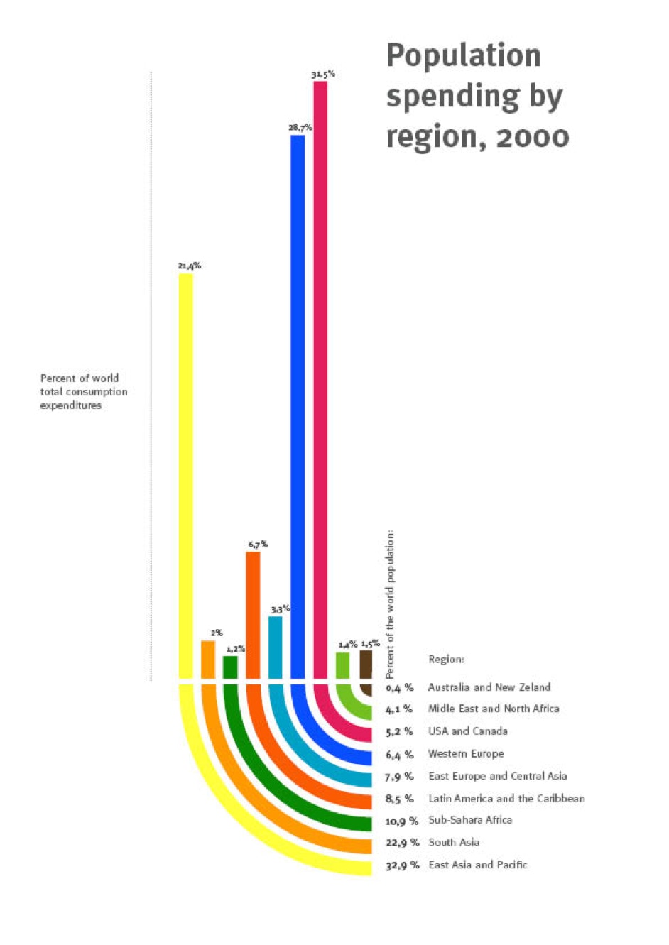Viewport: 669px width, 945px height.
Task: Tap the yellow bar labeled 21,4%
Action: click(185, 476)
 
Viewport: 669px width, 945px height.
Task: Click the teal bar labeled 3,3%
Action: click(276, 647)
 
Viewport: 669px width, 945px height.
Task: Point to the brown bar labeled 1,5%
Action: click(366, 664)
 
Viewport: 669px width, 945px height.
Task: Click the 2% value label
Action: click(216, 633)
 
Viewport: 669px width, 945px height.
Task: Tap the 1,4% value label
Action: click(347, 644)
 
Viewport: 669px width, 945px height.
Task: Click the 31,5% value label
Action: click(323, 74)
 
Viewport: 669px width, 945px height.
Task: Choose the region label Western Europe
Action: click(466, 753)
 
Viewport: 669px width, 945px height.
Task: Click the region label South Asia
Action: click(454, 842)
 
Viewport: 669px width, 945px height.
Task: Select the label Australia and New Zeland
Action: click(489, 687)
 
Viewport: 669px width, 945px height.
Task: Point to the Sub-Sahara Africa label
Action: click(470, 819)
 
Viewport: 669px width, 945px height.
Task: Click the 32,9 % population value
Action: click(402, 865)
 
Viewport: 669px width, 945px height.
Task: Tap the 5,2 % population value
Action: click(399, 731)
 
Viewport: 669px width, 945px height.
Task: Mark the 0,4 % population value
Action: click(399, 687)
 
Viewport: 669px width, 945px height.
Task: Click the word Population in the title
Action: click(463, 55)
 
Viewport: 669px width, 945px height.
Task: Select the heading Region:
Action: click(446, 659)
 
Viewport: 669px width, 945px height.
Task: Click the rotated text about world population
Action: click(390, 604)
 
